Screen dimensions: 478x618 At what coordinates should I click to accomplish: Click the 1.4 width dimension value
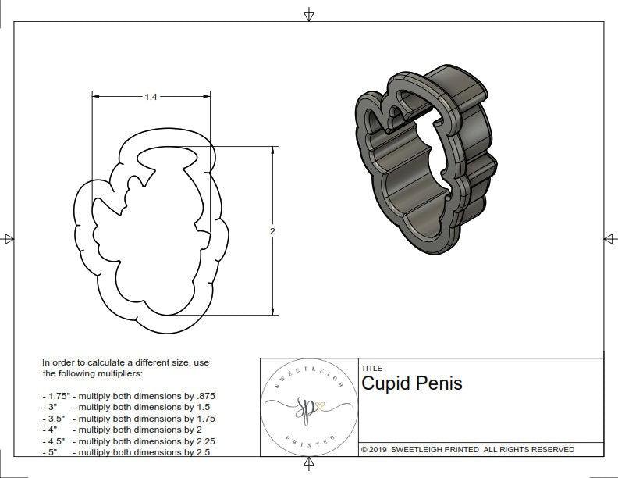coord(151,97)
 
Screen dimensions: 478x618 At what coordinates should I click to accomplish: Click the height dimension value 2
coord(272,231)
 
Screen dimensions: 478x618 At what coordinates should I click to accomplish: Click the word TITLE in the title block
coord(371,368)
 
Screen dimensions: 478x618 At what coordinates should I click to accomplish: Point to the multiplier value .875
coord(205,396)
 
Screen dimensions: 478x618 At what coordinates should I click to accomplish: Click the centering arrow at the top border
coord(309,14)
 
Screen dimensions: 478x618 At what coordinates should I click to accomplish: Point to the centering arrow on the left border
coord(8,239)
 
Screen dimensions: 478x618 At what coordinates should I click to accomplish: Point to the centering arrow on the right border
coord(609,239)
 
